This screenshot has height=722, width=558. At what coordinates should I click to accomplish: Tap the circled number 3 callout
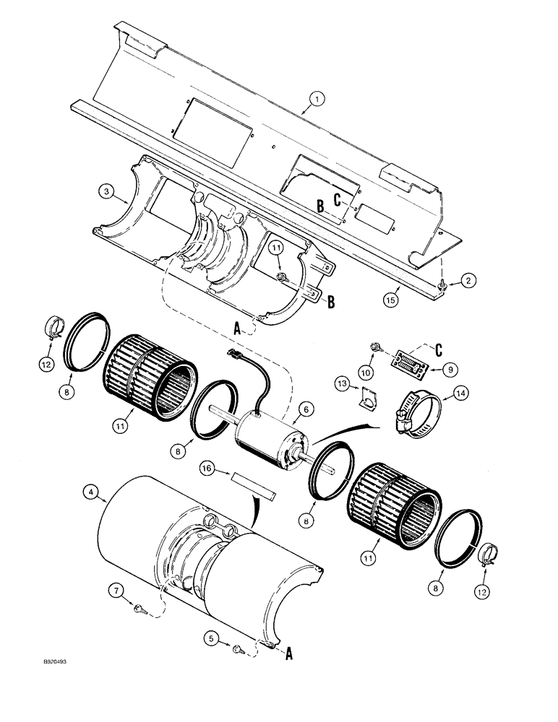click(106, 191)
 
